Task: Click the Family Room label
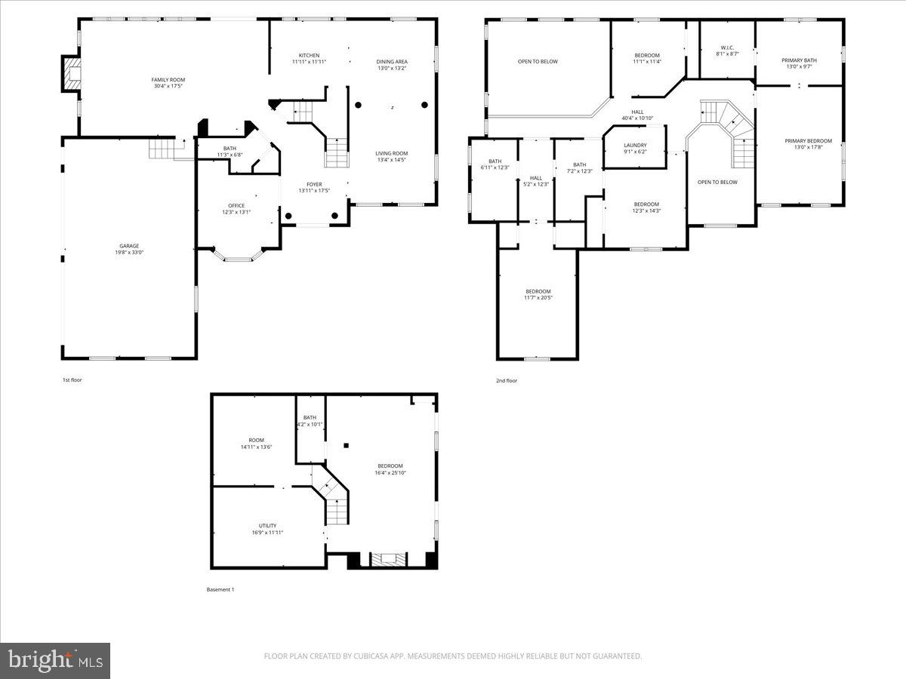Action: [x=168, y=80]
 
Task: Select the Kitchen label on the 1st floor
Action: [x=309, y=55]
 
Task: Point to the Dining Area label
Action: [x=392, y=62]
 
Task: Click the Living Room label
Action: [x=391, y=153]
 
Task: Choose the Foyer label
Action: [x=314, y=184]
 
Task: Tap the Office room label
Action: [x=236, y=205]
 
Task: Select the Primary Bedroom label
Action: [x=808, y=141]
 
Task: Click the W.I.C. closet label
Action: [x=727, y=48]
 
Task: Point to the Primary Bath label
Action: [x=799, y=60]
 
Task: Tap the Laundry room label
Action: [x=635, y=146]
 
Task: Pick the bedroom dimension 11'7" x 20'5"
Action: [x=538, y=298]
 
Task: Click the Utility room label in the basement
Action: [x=267, y=526]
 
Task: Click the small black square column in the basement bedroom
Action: [x=346, y=446]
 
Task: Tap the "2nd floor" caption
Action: [x=506, y=380]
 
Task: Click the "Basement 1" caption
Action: [x=220, y=589]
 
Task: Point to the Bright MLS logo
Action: [x=55, y=661]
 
